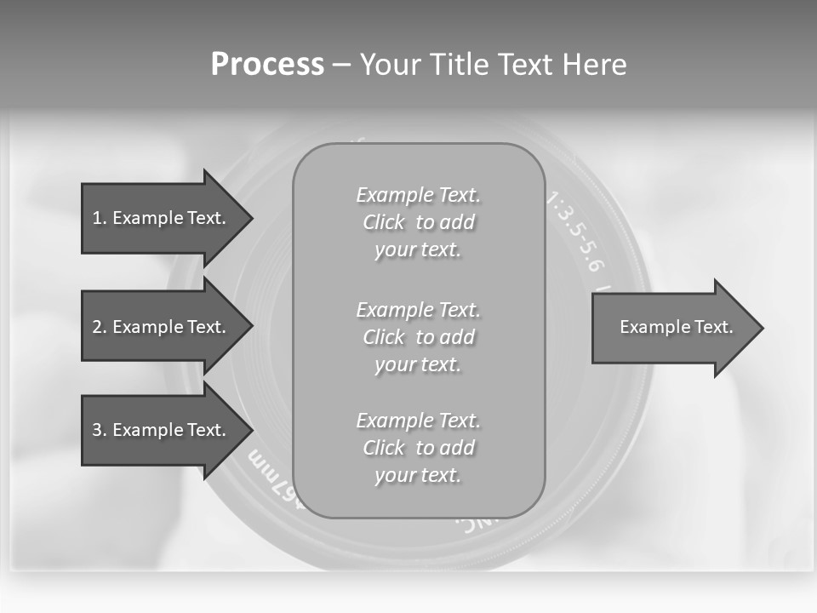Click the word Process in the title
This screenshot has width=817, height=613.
[x=267, y=65]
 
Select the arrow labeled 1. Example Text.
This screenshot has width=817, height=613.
[x=162, y=218]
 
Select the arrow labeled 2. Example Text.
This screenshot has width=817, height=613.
[x=162, y=327]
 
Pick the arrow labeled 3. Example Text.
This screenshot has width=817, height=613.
[x=162, y=430]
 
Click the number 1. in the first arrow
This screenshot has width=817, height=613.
[x=100, y=218]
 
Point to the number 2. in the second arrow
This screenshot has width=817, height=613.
[x=100, y=327]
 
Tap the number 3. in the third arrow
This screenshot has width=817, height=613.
[x=100, y=430]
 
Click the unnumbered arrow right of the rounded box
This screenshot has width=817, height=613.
[x=672, y=327]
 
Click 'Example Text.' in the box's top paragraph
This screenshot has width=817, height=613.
[x=418, y=195]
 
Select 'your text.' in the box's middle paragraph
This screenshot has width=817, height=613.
[x=417, y=364]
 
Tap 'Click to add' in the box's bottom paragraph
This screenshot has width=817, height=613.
[x=418, y=448]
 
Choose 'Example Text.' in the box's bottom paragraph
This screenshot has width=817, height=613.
[x=418, y=421]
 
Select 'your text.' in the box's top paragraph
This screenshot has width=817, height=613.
[x=417, y=249]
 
